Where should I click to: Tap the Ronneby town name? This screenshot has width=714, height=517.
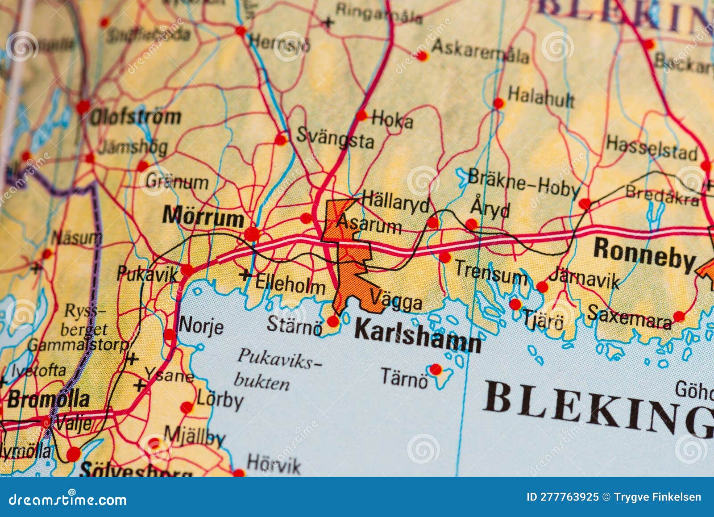coord(644,254)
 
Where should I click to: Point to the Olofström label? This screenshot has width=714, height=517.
coord(135,117)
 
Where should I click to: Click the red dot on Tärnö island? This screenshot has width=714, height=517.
coord(436,369)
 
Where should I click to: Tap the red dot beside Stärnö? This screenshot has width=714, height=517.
coord(333,321)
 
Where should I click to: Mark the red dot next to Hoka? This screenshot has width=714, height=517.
coord(361,116)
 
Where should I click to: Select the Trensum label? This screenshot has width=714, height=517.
coord(490,272)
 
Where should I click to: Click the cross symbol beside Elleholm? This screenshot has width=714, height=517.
coord(245,275)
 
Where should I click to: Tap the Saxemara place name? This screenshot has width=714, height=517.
coord(629,317)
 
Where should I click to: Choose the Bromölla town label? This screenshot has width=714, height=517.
coord(48,399)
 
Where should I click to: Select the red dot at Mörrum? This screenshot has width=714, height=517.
coord(252,233)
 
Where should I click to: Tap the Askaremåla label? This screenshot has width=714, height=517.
coord(480,51)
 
